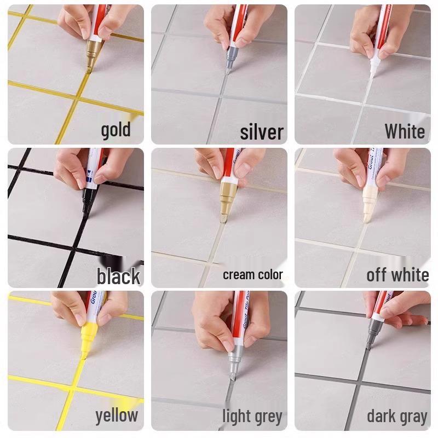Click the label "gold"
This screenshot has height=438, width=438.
click(116, 130)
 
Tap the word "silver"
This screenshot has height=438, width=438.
click(262, 132)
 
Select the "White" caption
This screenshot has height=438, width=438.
click(404, 131)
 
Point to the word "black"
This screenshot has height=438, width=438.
click(118, 276)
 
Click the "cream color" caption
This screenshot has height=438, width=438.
click(253, 274)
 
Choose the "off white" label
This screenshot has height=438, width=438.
click(397, 274)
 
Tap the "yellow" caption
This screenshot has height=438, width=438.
click(117, 416)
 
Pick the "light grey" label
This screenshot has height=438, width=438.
click(252, 417)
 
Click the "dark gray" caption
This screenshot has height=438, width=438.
click(397, 417)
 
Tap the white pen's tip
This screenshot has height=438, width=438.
click(372, 76)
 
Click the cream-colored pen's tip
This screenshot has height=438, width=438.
click(223, 220)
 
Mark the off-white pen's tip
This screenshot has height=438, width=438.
click(365, 220)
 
